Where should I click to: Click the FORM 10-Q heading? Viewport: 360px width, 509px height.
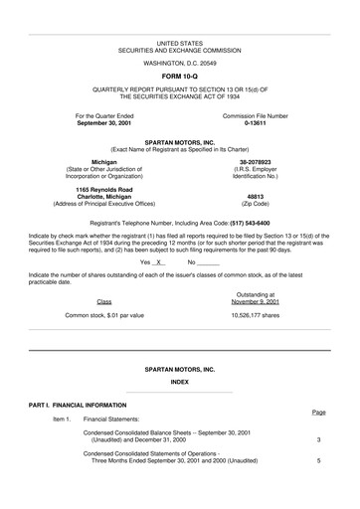point(180,76)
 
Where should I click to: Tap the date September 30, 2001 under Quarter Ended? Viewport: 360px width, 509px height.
point(103,123)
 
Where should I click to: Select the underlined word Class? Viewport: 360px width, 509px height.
point(103,301)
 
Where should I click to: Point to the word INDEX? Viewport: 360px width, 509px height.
point(180,382)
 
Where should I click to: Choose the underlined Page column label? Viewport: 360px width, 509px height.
point(318,412)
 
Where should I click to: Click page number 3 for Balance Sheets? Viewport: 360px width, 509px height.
point(318,439)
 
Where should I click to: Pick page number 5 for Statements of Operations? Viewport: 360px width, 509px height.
point(318,461)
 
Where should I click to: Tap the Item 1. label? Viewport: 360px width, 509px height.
point(62,421)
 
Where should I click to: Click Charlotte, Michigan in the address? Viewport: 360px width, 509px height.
point(103,196)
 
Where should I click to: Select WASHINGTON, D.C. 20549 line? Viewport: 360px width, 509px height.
point(180,62)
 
